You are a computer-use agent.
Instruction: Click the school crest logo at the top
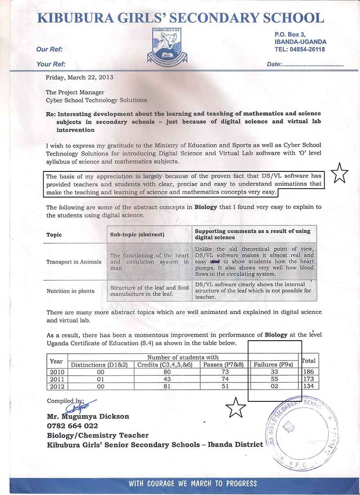click(167, 46)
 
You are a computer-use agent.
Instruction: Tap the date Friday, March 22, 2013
click(80, 77)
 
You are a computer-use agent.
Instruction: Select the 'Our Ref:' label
click(49, 49)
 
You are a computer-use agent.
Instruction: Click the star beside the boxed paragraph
click(340, 173)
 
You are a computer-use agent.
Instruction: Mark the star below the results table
click(236, 408)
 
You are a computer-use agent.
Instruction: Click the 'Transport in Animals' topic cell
click(74, 262)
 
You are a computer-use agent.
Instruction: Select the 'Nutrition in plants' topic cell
click(71, 291)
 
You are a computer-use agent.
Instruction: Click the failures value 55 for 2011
click(274, 379)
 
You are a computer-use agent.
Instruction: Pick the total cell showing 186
click(309, 372)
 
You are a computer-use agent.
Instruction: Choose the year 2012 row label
click(57, 386)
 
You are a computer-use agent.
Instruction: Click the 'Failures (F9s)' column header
click(274, 364)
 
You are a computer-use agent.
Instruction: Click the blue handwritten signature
click(80, 406)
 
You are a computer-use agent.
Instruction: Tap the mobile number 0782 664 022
click(72, 426)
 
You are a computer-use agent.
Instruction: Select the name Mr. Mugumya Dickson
click(88, 416)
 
